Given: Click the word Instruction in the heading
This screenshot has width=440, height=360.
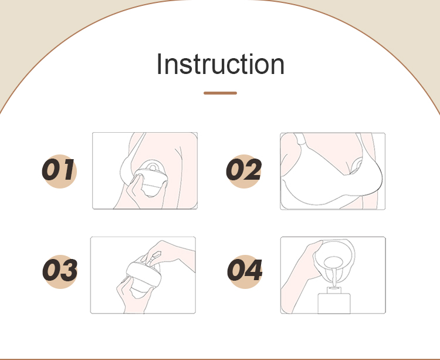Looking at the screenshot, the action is pyautogui.click(x=221, y=64).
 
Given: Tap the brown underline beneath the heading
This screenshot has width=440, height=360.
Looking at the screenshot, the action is pyautogui.click(x=220, y=93).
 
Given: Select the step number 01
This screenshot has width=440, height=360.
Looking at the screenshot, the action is pyautogui.click(x=58, y=170).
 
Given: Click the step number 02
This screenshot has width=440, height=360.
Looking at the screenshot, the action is pyautogui.click(x=244, y=170).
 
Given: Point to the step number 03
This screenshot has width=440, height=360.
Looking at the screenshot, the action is pyautogui.click(x=60, y=270).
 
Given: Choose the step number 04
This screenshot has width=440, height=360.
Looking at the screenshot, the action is pyautogui.click(x=245, y=270).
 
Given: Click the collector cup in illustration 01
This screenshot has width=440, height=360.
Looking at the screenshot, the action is pyautogui.click(x=151, y=180).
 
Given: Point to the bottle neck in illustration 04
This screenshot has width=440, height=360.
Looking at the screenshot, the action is pyautogui.click(x=334, y=290).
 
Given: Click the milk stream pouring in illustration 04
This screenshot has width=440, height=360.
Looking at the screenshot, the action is pyautogui.click(x=334, y=277).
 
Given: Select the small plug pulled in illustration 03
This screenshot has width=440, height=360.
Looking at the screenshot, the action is pyautogui.click(x=154, y=257).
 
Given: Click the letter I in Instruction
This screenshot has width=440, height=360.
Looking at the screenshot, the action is pyautogui.click(x=159, y=64).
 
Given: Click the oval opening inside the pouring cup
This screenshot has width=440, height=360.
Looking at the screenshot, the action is pyautogui.click(x=333, y=263).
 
